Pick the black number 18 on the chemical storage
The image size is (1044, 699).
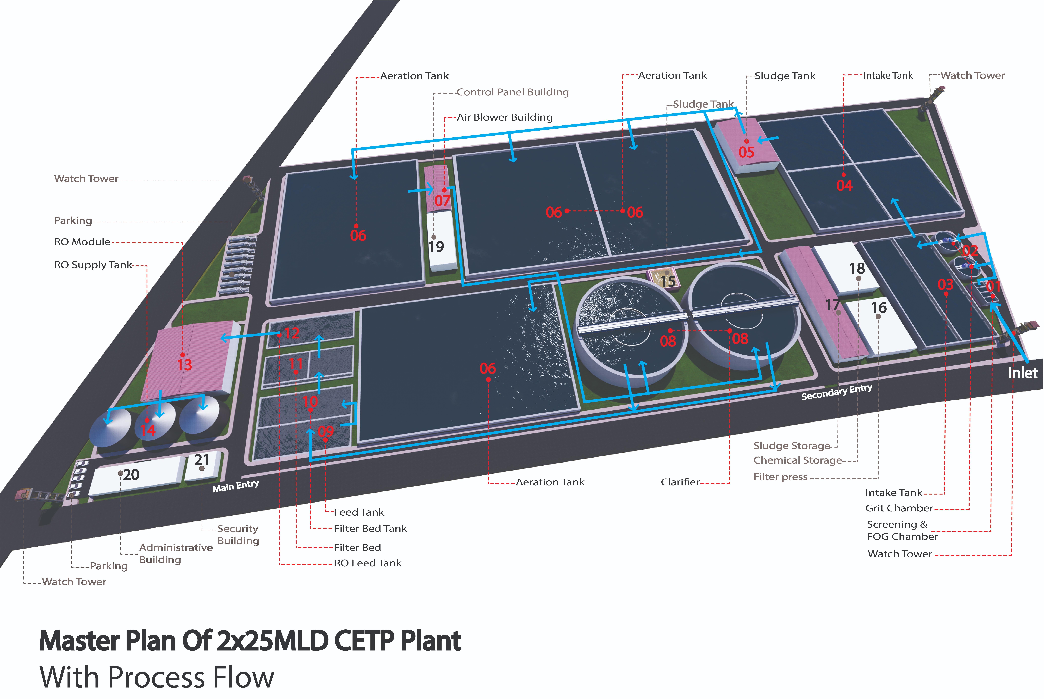857,268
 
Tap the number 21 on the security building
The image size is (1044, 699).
202,460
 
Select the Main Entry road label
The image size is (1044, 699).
235,486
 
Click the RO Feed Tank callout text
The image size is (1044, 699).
367,563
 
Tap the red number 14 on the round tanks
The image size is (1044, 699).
148,430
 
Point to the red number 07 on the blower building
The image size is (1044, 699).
442,201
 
